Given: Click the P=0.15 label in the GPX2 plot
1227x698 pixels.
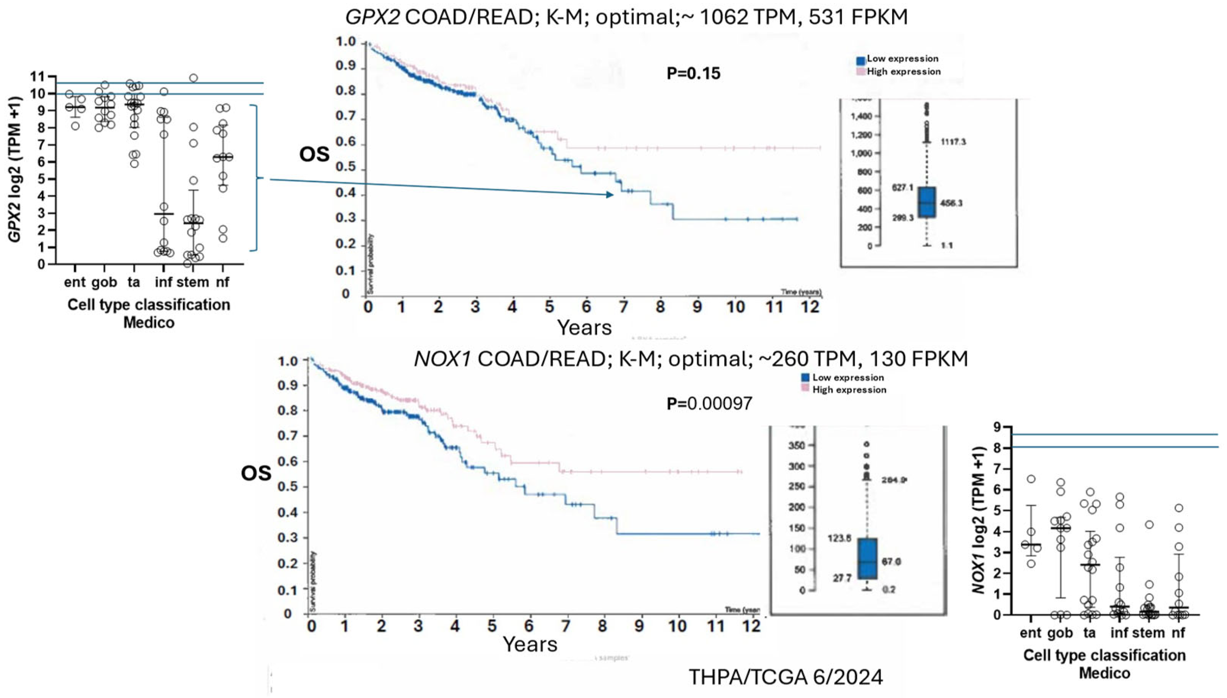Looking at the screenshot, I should [693, 73].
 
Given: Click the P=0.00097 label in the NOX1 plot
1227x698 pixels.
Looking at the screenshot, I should [709, 403].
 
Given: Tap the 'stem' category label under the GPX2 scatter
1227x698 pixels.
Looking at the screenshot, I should [193, 282].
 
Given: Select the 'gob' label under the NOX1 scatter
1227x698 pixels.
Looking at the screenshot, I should [1060, 633].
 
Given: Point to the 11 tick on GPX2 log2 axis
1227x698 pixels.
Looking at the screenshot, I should [37, 77].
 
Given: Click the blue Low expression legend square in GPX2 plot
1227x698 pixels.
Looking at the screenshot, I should [861, 60].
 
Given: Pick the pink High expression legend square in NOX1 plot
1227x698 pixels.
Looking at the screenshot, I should [805, 388].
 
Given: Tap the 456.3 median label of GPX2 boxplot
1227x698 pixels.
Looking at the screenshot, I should [951, 203].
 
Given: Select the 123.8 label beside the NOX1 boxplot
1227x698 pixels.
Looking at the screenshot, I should [839, 538].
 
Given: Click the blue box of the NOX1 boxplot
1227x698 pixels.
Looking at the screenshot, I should [867, 559].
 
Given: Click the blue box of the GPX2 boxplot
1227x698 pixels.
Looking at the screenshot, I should [927, 202].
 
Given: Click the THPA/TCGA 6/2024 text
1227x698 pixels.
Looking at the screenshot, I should [786, 677].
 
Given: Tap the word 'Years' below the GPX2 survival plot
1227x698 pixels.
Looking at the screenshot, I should [584, 328].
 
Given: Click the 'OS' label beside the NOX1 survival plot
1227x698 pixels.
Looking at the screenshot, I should [256, 474].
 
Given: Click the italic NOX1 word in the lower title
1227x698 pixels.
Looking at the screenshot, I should [442, 359].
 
